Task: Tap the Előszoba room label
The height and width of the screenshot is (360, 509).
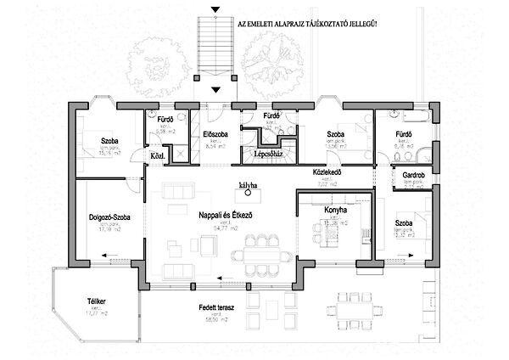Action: (x=214, y=134)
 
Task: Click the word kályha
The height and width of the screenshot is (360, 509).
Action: (x=249, y=184)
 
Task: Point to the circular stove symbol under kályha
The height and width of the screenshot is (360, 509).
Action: (x=249, y=194)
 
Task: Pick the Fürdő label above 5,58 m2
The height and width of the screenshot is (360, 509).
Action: (x=165, y=120)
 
